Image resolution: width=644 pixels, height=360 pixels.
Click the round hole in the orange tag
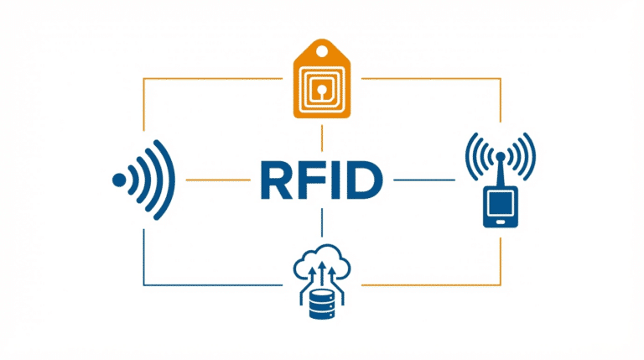pos(322,50)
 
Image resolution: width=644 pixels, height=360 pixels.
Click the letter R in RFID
pos(273,180)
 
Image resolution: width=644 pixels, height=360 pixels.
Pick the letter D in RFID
pos(363,180)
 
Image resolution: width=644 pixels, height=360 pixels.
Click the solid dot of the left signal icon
pos(119,180)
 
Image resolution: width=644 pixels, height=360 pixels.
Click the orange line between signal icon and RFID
pos(207,180)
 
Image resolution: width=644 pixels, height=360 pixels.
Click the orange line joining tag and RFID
pos(322,138)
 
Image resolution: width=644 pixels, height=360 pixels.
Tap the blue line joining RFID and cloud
pos(322,222)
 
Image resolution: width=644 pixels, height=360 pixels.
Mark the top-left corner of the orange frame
pos(144,80)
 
